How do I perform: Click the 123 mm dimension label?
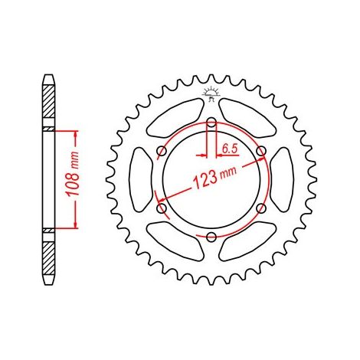point(214,178)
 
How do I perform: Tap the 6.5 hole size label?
point(230,149)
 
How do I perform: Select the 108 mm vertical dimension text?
point(74,174)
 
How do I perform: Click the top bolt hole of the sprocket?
point(211,123)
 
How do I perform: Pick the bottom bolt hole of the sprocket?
point(211,237)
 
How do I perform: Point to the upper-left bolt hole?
point(162,151)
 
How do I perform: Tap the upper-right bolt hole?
point(261,151)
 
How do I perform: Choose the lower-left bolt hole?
point(162,208)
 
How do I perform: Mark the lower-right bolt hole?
point(261,208)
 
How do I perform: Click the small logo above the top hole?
point(211,94)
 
